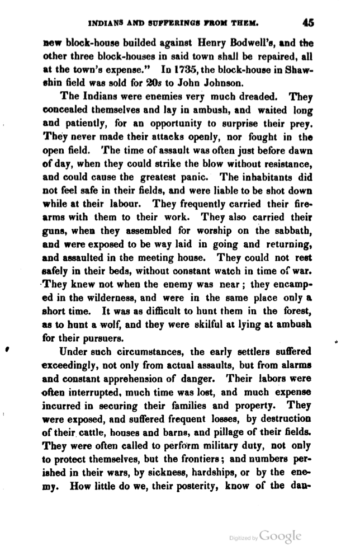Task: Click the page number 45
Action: click(309, 22)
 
